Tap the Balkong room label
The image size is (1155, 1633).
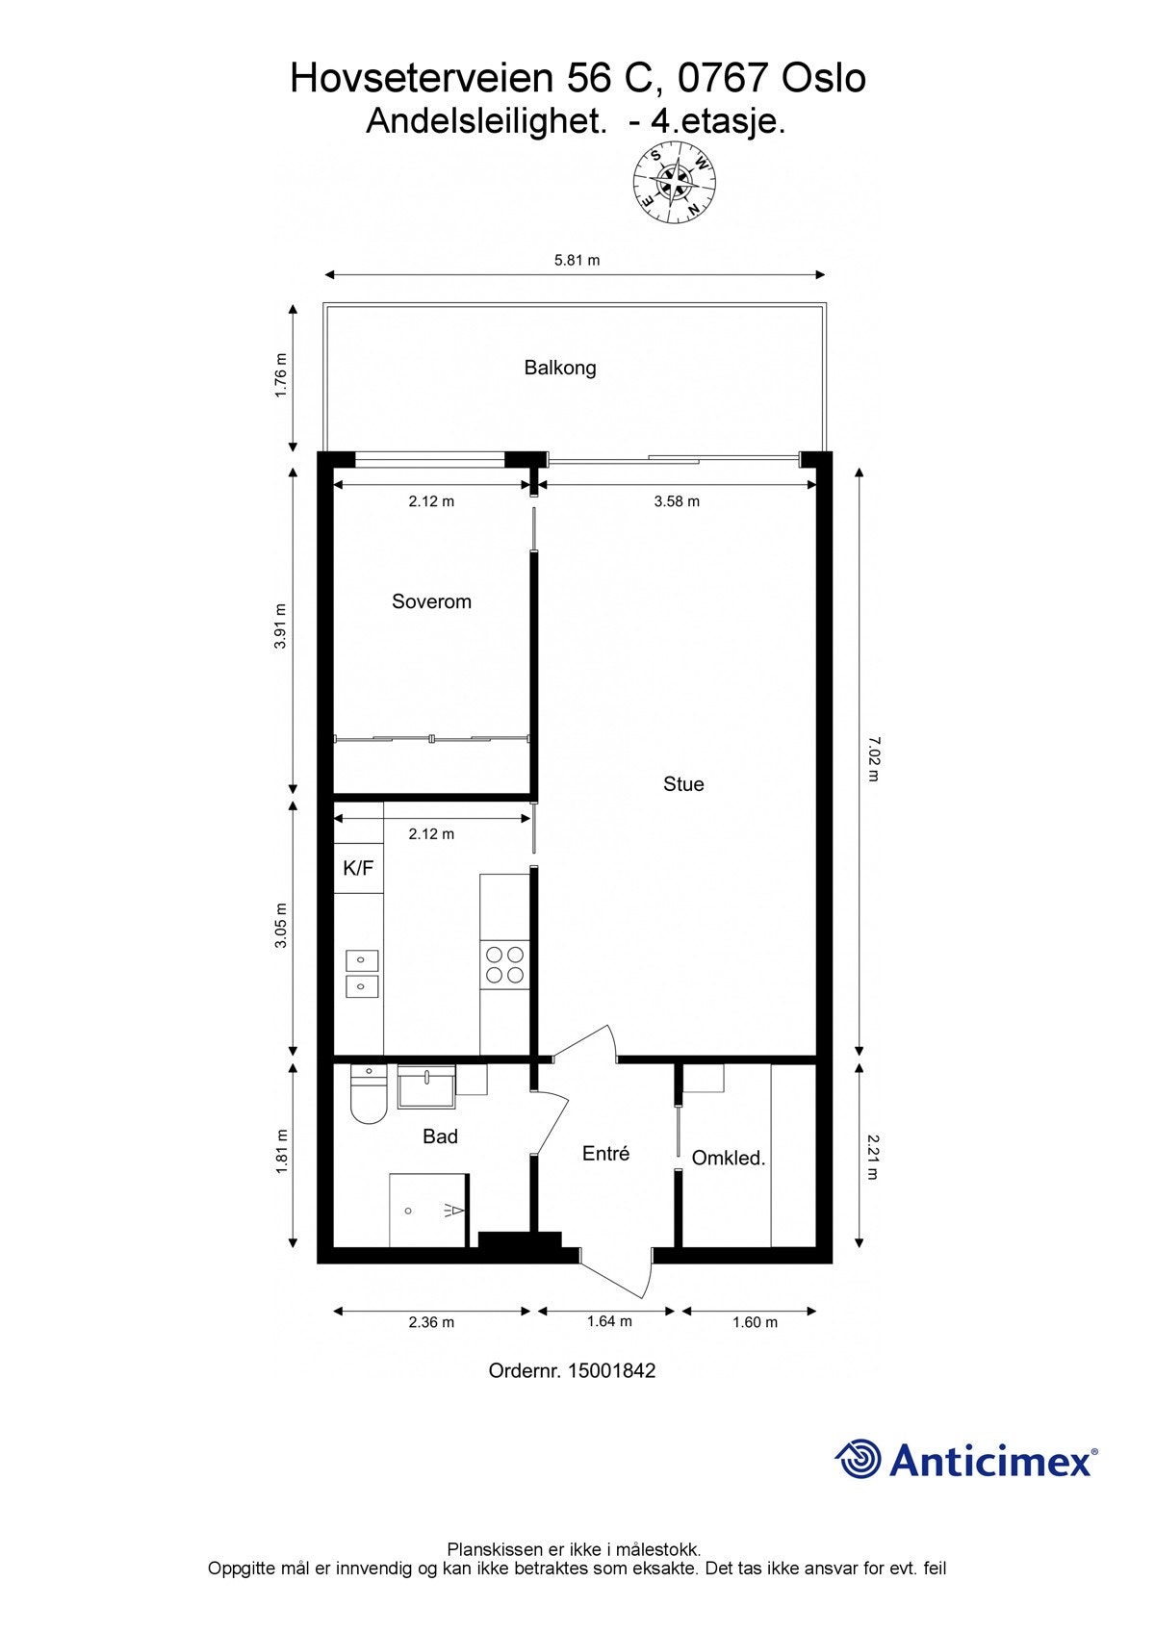[x=560, y=368]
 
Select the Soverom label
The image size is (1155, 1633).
[x=431, y=601]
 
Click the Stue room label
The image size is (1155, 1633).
[x=683, y=784]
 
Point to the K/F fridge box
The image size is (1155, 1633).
[x=358, y=868]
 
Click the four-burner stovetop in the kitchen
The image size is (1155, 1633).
[x=504, y=965]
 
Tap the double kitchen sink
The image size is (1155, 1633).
[x=362, y=973]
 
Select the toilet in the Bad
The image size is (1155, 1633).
[x=368, y=1096]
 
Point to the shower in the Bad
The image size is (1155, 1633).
[x=428, y=1211]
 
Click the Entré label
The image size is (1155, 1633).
[x=605, y=1153]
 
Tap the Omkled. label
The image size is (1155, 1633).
[x=729, y=1159]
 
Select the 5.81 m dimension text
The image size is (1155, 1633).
[x=577, y=260]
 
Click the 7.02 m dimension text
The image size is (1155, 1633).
[x=873, y=759]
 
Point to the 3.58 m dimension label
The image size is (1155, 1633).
[x=677, y=501]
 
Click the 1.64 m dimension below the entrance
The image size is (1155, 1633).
[x=609, y=1321]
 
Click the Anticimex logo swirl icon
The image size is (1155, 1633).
[x=858, y=1460]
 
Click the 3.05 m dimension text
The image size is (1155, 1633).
[x=281, y=925]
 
